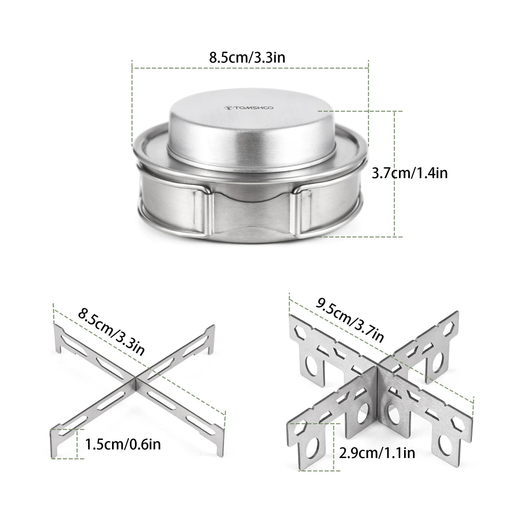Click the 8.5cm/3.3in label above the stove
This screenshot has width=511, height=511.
pos(247,58)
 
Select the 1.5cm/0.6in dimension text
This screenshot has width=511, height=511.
pos(123,444)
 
